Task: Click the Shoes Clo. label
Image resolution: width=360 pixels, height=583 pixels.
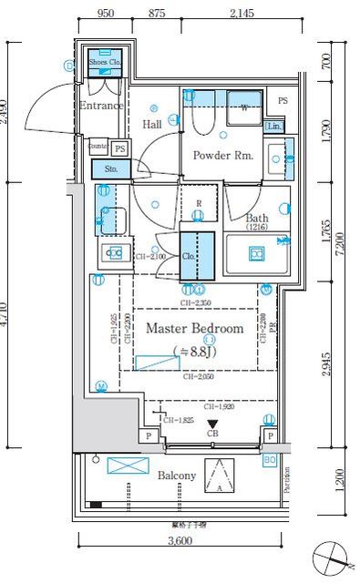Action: click(x=103, y=63)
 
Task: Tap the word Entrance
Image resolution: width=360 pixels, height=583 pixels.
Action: click(x=100, y=106)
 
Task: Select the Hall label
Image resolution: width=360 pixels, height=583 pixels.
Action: click(x=152, y=124)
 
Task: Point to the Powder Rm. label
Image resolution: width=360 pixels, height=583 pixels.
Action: click(x=222, y=155)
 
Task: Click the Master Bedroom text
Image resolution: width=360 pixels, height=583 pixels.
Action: click(x=194, y=328)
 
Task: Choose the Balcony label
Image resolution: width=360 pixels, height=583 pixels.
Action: click(x=176, y=476)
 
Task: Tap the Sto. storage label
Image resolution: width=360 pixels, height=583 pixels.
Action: click(x=112, y=169)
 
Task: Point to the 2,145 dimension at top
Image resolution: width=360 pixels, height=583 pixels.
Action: click(x=242, y=14)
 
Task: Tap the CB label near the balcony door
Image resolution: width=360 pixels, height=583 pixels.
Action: click(x=213, y=435)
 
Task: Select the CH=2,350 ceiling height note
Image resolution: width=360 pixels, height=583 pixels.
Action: click(x=197, y=302)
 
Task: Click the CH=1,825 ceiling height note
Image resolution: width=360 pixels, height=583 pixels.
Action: click(x=179, y=420)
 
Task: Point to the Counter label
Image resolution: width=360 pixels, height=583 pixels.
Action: click(x=98, y=146)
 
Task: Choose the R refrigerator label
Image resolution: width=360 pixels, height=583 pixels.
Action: click(x=199, y=203)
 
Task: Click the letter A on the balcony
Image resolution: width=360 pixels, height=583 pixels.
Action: click(x=219, y=487)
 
